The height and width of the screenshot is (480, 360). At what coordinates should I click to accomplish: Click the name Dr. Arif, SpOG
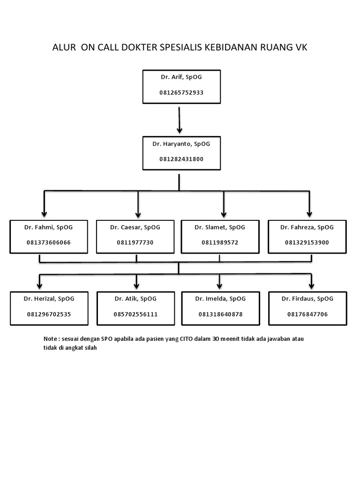pos(181,77)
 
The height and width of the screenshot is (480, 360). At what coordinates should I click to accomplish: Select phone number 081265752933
pos(181,92)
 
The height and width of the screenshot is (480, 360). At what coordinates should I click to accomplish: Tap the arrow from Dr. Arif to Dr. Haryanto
pos(179,120)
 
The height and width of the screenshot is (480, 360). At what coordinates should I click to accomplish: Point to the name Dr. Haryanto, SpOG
pos(181,144)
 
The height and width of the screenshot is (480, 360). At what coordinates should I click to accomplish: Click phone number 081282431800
pos(181,159)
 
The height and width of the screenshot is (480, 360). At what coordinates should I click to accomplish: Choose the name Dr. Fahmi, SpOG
pos(48,227)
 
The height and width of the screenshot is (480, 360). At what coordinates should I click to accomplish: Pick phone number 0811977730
pos(135,242)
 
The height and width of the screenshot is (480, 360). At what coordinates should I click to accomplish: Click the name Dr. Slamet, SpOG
pos(220,227)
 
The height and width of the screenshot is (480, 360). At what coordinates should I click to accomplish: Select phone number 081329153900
pos(307,242)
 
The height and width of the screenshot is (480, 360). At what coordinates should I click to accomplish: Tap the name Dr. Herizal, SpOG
pos(49,299)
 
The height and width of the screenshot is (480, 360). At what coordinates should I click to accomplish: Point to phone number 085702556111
pos(135,314)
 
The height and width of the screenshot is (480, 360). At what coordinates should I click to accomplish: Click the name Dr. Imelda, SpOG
pos(220,299)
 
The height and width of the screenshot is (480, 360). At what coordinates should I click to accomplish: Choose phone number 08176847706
pos(307,314)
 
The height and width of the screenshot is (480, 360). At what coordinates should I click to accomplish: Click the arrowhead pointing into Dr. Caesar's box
pos(138,215)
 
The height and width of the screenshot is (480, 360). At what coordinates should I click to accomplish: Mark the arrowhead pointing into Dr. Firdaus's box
pos(311,286)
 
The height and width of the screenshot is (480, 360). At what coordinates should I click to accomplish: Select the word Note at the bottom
pos(50,339)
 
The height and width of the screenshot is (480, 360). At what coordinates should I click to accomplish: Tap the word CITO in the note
pos(187,339)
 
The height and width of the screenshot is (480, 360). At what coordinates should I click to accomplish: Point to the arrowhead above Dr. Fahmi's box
pos(45,214)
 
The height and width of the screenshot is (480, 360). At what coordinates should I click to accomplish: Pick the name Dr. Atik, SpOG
pos(135,299)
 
